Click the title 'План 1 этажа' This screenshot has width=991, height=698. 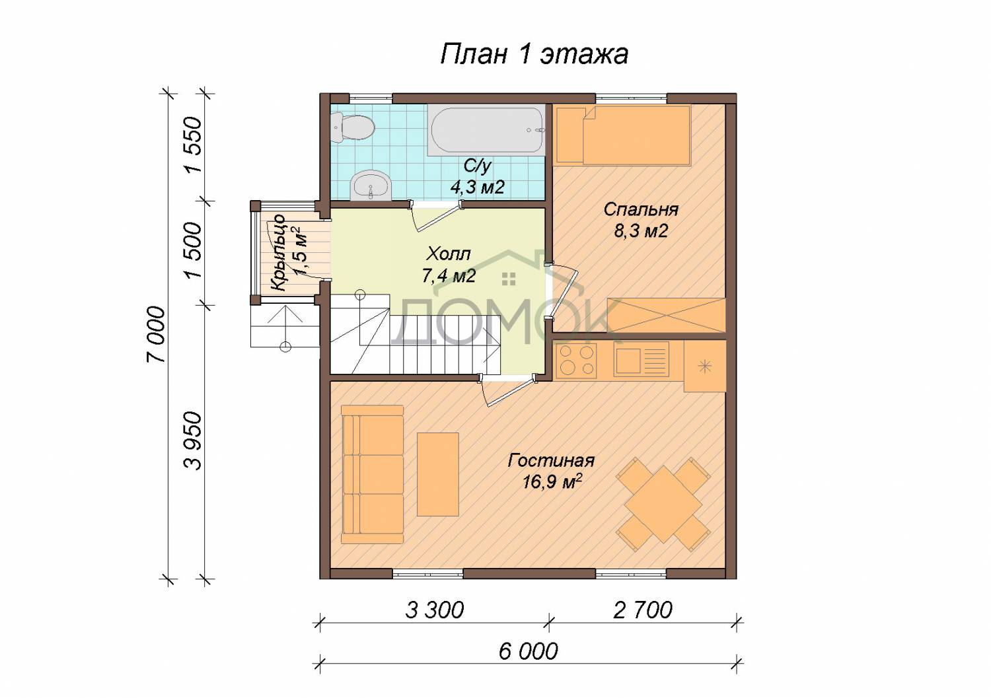pos(534,55)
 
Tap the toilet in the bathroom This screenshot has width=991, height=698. pos(353,127)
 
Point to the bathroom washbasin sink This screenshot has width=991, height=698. pos(371,186)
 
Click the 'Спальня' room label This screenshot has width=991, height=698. pos(641,210)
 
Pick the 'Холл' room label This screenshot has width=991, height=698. pos(449,254)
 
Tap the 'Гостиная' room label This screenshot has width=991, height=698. pos(551,460)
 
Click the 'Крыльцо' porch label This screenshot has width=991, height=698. pos(278,252)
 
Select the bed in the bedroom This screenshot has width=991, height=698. pos(623,135)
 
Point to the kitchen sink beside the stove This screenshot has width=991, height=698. pos(641,360)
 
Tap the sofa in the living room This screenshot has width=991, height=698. pos(372,475)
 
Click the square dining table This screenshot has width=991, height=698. pos(663,505)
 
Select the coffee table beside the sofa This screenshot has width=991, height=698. pos(438,474)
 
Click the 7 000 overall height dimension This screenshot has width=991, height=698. pos(156,335)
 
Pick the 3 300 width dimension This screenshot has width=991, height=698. pos(435,610)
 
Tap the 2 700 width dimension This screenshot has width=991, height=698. pos(643,610)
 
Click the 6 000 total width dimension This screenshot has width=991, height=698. pos(529,652)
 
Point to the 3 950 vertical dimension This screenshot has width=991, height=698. pos(193,441)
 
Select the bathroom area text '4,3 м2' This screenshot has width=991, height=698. pos(478,188)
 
